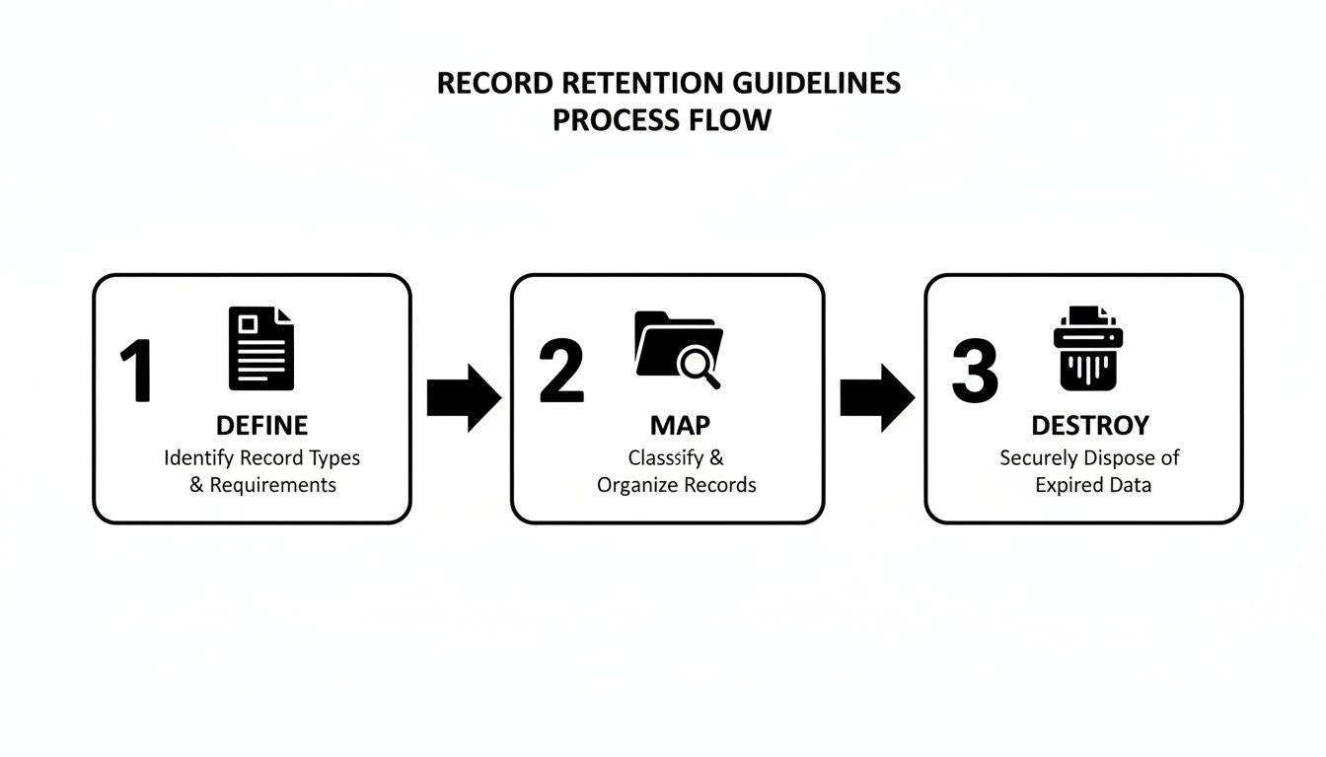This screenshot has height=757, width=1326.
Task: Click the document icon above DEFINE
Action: [261, 348]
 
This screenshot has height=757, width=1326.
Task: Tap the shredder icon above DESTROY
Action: [1088, 348]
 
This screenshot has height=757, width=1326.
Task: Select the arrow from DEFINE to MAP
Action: [464, 398]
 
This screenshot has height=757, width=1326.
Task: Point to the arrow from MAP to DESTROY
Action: [877, 398]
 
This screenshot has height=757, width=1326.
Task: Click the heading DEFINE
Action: [261, 426]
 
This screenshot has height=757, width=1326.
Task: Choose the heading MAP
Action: [680, 426]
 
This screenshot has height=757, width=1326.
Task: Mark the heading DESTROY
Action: [1090, 426]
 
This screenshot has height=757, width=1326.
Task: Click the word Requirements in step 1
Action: [273, 485]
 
